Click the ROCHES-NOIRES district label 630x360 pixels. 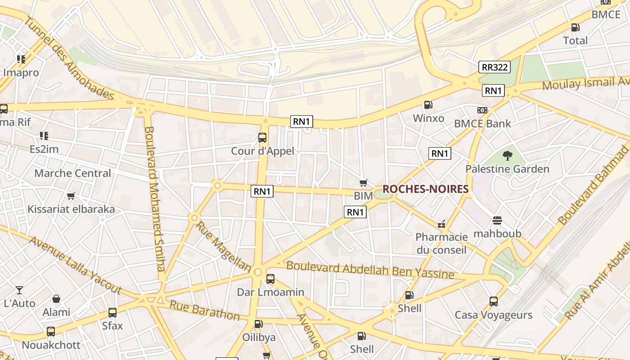(x=425, y=189)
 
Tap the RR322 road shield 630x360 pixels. (x=495, y=67)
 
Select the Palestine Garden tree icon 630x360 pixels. (x=508, y=156)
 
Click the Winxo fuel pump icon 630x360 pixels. (x=428, y=105)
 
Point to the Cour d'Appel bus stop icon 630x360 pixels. (x=262, y=138)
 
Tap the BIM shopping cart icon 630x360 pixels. (x=364, y=183)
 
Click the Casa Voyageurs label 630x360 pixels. (x=493, y=315)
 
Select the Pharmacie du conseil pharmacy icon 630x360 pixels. (x=441, y=224)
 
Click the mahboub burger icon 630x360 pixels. (x=497, y=220)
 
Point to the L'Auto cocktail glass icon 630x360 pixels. (x=19, y=290)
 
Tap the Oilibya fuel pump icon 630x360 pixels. (x=258, y=324)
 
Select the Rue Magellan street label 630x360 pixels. (x=224, y=247)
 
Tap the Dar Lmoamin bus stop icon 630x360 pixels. (x=270, y=279)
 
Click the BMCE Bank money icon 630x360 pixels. (x=482, y=110)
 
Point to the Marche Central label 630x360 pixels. (x=72, y=173)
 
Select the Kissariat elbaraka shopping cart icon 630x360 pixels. (x=71, y=196)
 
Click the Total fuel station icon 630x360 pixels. (x=575, y=27)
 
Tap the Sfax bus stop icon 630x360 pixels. (x=112, y=312)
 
